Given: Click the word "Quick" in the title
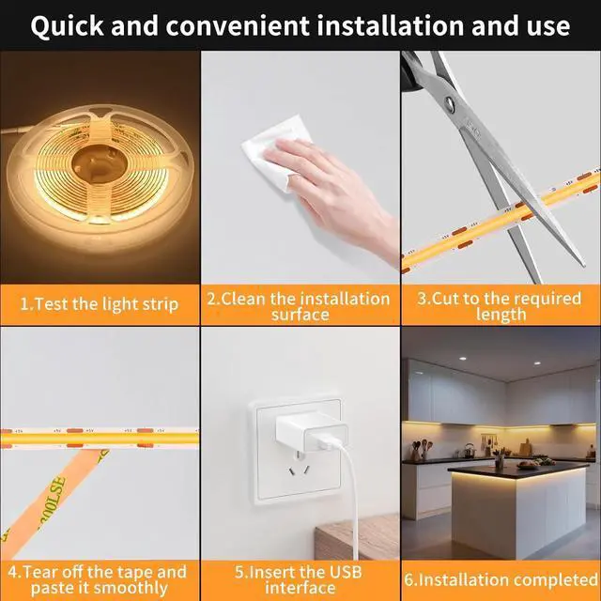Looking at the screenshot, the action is (x=67, y=25).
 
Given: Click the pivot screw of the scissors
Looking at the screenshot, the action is (x=449, y=102).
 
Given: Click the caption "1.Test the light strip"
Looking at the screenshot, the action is (x=100, y=304).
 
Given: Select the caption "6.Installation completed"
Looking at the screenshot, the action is (x=501, y=579).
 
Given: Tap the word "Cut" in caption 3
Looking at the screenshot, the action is (x=446, y=299).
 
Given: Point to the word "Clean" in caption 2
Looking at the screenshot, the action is (x=243, y=299).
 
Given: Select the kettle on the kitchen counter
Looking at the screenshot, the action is (x=470, y=451).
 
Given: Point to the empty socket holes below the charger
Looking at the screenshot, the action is (x=299, y=466).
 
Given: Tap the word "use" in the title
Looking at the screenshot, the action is (x=548, y=27).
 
